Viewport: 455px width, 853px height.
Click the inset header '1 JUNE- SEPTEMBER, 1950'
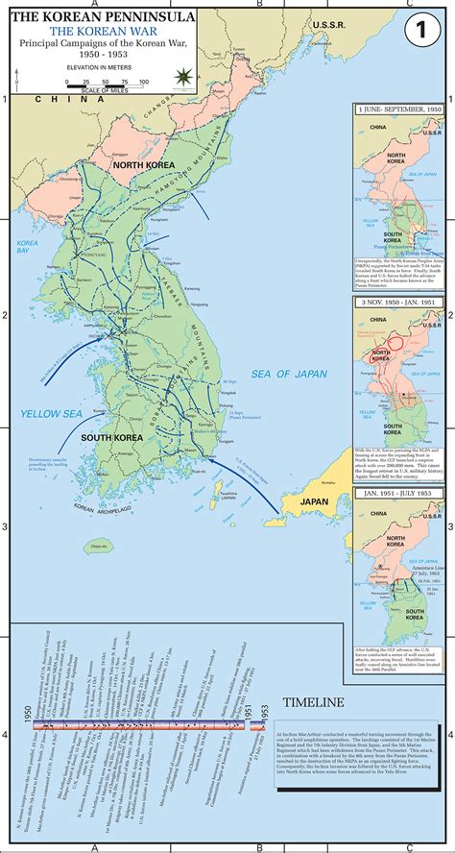tap(398, 110)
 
